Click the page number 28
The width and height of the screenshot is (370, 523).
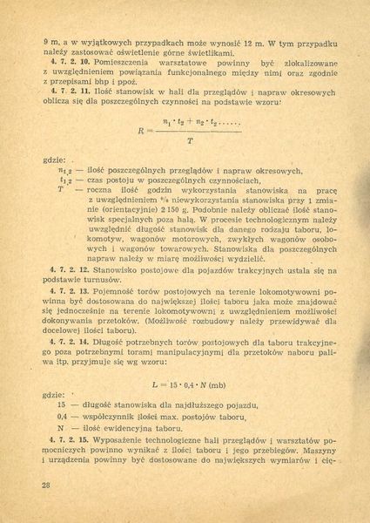click(34, 482)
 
